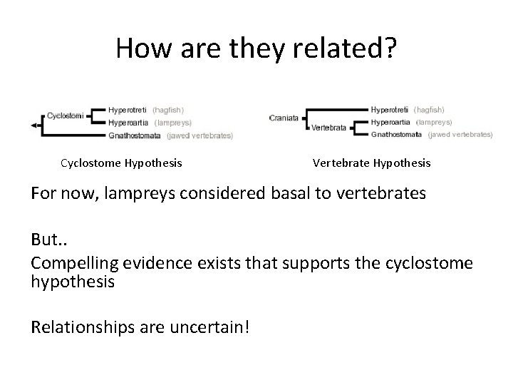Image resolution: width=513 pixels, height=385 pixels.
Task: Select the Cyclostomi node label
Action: click(x=66, y=114)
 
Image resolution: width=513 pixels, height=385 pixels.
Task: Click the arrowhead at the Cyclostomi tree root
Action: click(x=33, y=125)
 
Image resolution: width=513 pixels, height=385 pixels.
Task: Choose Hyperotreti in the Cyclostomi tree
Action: click(x=128, y=110)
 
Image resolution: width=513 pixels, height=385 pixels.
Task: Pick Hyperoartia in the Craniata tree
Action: click(x=390, y=122)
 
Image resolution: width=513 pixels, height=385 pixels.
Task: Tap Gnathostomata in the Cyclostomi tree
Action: click(x=135, y=135)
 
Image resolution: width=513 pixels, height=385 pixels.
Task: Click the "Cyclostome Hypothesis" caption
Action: click(x=121, y=163)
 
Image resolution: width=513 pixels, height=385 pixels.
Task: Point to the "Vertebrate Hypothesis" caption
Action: click(x=371, y=163)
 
